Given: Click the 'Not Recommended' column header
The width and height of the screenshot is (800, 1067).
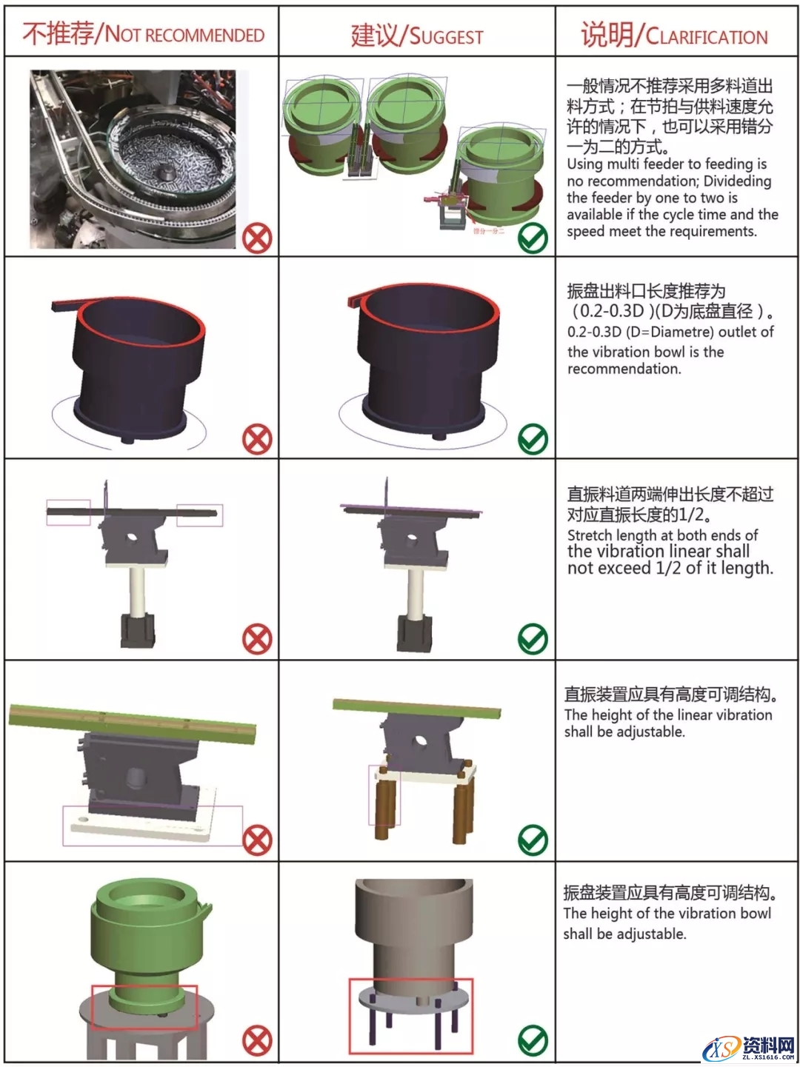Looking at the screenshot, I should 142,34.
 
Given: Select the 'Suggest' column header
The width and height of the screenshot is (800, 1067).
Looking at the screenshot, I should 416,35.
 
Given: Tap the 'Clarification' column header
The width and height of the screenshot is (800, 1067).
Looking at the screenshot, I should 674,35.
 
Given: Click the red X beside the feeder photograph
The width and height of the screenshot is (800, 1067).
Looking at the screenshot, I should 257,238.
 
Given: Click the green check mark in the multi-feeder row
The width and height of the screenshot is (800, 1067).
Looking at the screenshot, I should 533,238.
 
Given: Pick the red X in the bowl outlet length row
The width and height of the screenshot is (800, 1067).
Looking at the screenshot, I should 257,440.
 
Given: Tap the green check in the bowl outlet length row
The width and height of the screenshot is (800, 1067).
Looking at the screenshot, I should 533,439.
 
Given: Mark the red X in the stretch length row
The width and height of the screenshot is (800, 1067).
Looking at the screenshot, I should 257,639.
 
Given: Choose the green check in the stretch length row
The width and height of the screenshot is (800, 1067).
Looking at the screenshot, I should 533,639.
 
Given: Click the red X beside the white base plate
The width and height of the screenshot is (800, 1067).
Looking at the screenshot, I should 257,840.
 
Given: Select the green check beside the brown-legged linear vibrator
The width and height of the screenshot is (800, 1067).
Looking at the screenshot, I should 533,840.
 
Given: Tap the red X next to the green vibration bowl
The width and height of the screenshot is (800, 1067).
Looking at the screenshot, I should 257,1042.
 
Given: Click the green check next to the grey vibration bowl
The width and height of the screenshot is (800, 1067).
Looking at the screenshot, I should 533,1041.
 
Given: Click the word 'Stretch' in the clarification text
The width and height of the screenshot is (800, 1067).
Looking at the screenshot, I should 589,535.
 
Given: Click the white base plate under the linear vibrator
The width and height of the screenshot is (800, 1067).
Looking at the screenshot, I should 141,825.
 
